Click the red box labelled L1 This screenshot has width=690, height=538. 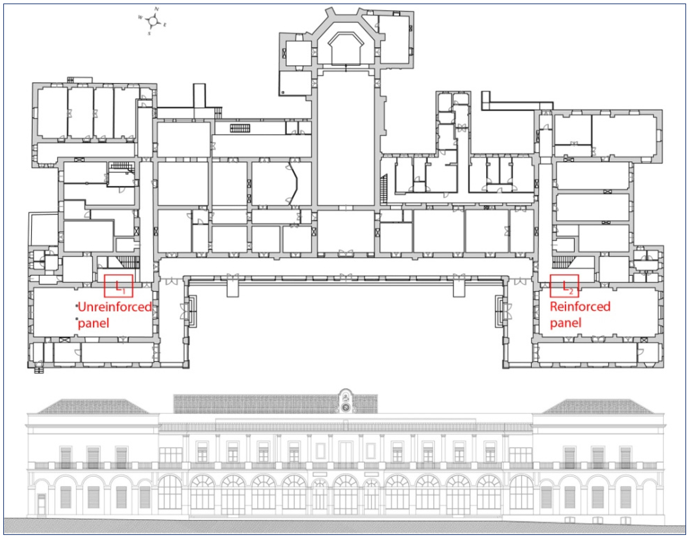(x=118, y=286)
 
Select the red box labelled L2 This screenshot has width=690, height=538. (x=564, y=286)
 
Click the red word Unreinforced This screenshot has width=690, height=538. (x=115, y=307)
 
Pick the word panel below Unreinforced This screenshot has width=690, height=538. (x=94, y=323)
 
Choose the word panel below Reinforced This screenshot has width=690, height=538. (x=566, y=323)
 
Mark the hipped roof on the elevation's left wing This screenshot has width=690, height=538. (x=93, y=407)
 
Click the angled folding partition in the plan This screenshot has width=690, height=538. (x=294, y=183)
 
